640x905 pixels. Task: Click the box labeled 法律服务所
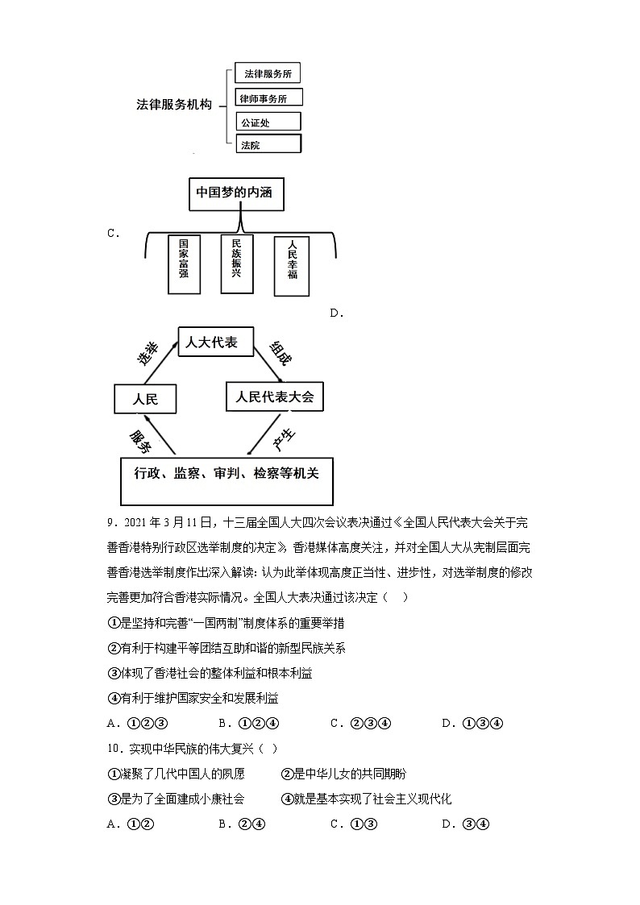click(x=268, y=74)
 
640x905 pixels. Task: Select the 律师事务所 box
click(x=270, y=98)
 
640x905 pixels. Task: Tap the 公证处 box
click(x=268, y=122)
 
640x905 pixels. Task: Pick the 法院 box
click(x=268, y=145)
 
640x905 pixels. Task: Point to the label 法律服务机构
click(x=173, y=106)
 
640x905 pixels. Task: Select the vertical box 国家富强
click(x=184, y=264)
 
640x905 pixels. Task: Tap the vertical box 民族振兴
click(x=236, y=263)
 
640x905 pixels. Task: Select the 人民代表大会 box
click(x=274, y=396)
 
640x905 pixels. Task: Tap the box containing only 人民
click(x=144, y=399)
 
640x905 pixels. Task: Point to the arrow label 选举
click(x=148, y=354)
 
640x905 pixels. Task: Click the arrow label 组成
click(x=278, y=352)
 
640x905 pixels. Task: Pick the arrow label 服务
click(x=141, y=440)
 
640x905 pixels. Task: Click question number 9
click(x=111, y=523)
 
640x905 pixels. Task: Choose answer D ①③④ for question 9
click(x=472, y=723)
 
